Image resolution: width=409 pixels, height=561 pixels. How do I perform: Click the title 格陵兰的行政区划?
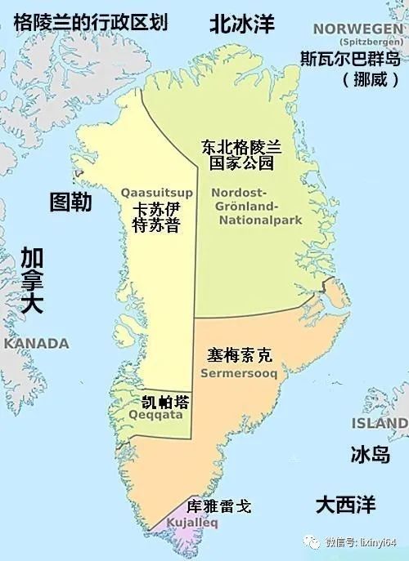coord(91,22)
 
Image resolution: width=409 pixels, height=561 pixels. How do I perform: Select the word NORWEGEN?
coord(359,29)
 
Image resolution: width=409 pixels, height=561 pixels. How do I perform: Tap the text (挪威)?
coord(362,82)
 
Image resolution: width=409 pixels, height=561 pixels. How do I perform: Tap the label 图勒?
coord(72,202)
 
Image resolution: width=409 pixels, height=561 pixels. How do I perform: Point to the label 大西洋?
coord(346,504)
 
